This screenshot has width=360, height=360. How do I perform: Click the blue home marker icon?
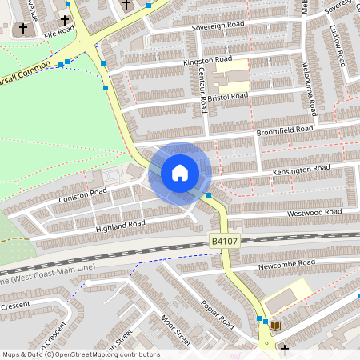pos(180,172)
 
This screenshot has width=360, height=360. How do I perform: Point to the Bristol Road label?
pos(230,96)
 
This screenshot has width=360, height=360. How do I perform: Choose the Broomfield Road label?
pos(284,129)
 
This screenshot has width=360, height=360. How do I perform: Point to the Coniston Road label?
pos(82,194)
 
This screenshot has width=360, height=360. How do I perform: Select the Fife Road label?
pos(59,34)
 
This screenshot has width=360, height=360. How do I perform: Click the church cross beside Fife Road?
pos(23,29)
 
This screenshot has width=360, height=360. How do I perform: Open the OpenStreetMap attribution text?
pos(80,354)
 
